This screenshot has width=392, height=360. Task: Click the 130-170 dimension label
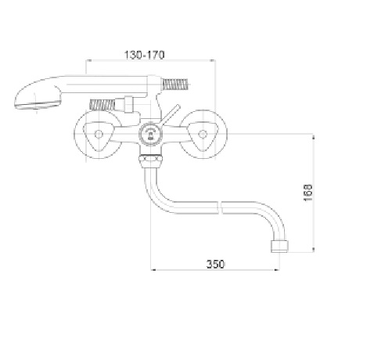[x=144, y=55]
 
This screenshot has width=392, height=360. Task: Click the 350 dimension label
[x=215, y=264]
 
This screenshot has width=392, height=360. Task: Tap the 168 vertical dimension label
[x=307, y=193]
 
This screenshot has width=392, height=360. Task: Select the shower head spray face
[x=38, y=106]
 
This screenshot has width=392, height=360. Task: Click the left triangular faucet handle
[x=99, y=135]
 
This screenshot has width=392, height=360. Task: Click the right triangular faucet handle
[x=203, y=135]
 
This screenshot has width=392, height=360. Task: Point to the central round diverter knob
[x=151, y=135]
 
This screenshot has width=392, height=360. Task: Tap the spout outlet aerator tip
[x=279, y=247]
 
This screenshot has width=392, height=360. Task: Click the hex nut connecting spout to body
[x=151, y=162]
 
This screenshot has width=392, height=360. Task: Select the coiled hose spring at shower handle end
[x=175, y=85]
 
